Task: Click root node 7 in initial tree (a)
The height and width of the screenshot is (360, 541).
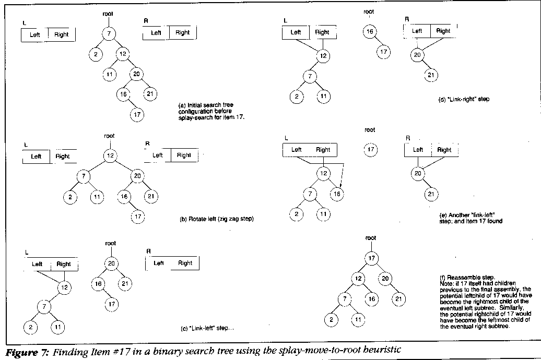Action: (109, 35)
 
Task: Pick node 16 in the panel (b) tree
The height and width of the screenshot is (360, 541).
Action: (124, 197)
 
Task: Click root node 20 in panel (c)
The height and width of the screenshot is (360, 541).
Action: (111, 263)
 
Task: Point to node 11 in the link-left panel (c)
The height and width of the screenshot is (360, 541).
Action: (58, 327)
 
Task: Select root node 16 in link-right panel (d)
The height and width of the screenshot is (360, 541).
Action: (370, 32)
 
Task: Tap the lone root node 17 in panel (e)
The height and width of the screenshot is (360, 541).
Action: (370, 150)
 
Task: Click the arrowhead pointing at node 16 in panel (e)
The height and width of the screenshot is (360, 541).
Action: (340, 185)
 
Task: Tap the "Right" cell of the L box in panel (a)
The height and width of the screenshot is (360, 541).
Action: (62, 35)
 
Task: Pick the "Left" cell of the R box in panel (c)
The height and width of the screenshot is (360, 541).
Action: (158, 263)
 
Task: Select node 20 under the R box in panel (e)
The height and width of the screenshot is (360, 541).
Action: (418, 173)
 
